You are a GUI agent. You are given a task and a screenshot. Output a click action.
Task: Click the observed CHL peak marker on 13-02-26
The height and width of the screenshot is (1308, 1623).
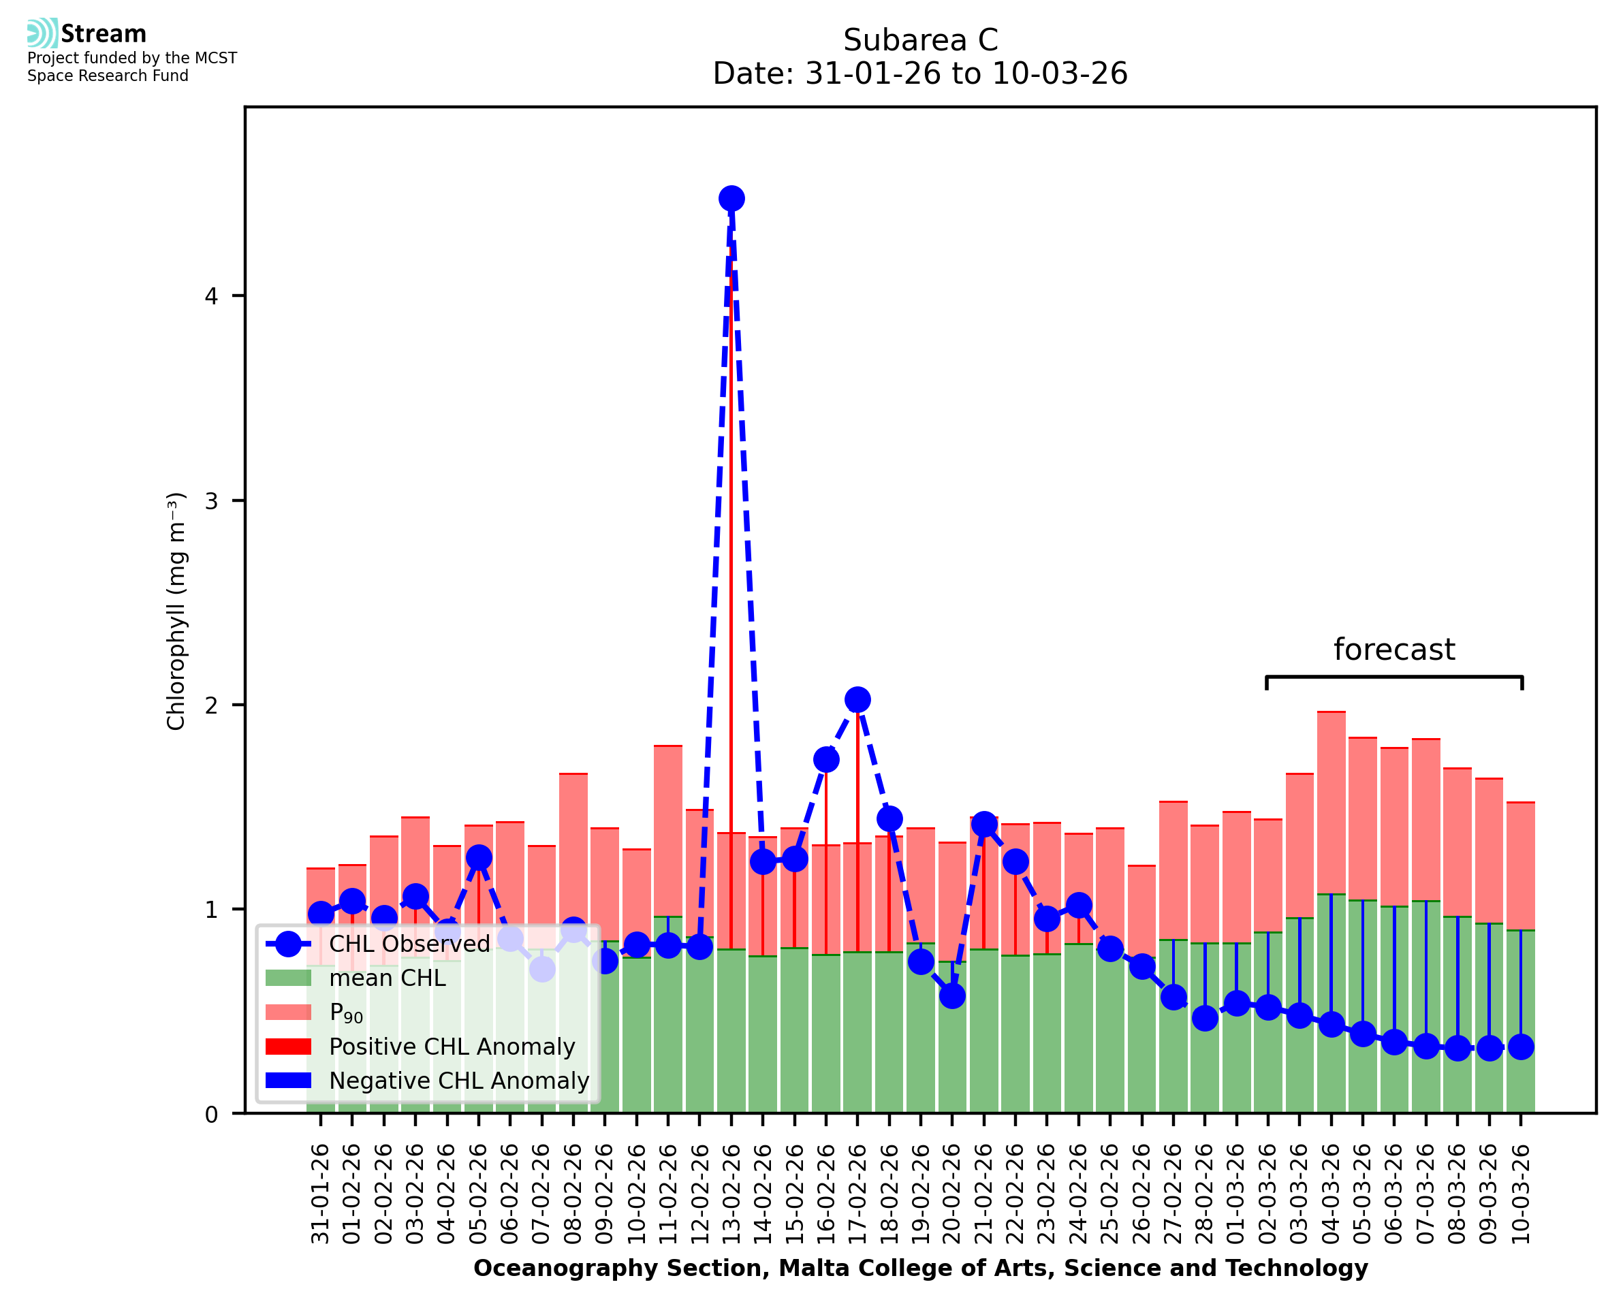(x=731, y=199)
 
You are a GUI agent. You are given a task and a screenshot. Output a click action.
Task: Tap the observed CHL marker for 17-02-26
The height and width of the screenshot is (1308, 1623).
(x=857, y=700)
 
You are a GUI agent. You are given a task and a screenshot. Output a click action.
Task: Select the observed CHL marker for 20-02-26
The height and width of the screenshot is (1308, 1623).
(x=952, y=996)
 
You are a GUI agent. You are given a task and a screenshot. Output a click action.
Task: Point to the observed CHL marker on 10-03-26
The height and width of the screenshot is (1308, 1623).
(x=1522, y=1047)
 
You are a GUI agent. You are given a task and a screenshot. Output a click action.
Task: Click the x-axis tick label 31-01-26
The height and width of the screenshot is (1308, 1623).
(x=321, y=1194)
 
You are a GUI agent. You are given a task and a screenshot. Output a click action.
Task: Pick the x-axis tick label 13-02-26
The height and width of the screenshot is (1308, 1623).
(x=731, y=1194)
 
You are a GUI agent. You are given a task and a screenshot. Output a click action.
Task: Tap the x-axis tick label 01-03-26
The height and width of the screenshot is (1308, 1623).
(x=1236, y=1194)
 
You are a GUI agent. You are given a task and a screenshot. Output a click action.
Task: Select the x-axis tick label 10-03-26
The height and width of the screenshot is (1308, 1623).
(x=1522, y=1194)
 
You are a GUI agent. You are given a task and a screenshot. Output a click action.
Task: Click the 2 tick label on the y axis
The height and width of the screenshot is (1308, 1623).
(x=211, y=705)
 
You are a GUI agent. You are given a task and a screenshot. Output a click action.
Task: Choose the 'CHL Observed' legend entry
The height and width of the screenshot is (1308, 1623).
(x=409, y=944)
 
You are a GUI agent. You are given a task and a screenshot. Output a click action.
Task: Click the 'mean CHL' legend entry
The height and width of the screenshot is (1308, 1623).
(x=388, y=978)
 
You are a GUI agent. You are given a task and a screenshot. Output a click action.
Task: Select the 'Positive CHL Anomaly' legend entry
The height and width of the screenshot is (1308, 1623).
(x=452, y=1047)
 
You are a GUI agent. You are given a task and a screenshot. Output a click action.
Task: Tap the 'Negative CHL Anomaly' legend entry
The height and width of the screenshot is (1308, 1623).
(x=459, y=1081)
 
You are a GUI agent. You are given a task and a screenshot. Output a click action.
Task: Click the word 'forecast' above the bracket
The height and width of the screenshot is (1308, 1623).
(x=1394, y=650)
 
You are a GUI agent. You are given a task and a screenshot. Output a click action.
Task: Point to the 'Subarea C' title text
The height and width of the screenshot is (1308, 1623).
(x=920, y=40)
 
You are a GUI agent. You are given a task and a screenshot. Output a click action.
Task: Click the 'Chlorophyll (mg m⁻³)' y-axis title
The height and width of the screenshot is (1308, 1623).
(x=176, y=611)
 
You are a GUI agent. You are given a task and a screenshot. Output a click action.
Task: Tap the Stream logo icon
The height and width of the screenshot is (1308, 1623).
(x=42, y=33)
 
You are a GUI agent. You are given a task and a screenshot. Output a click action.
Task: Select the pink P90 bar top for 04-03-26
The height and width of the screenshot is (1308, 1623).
(x=1332, y=713)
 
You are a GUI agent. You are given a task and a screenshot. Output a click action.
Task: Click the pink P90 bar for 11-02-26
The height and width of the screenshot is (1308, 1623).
(x=668, y=829)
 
